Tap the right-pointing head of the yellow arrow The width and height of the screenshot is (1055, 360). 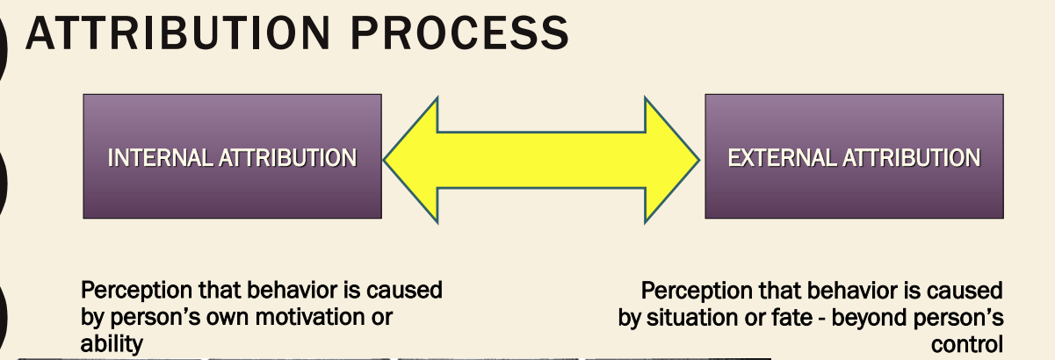click(x=672, y=159)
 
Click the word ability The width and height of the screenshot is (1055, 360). click(x=111, y=344)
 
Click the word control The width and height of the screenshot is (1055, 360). click(x=967, y=344)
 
